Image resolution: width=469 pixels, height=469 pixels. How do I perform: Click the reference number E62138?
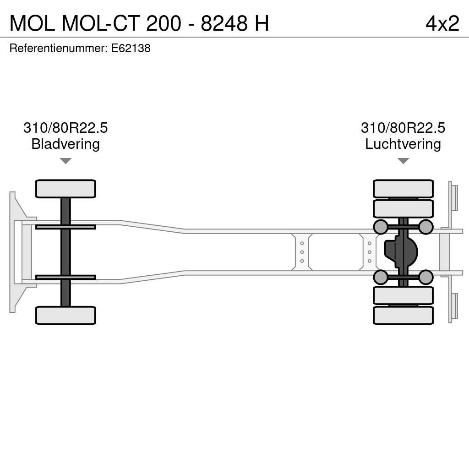click(x=131, y=49)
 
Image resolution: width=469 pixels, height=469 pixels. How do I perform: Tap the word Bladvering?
click(x=65, y=144)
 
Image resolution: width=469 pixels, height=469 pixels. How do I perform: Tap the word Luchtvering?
click(x=403, y=144)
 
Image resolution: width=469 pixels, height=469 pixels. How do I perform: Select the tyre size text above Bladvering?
click(x=65, y=128)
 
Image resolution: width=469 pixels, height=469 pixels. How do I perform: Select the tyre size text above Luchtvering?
click(x=403, y=128)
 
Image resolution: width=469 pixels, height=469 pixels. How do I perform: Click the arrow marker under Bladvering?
click(x=65, y=161)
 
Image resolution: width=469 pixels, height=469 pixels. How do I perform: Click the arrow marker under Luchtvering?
click(x=403, y=161)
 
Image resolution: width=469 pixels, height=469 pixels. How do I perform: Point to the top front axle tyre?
click(x=65, y=189)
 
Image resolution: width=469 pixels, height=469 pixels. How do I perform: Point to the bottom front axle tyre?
click(x=65, y=315)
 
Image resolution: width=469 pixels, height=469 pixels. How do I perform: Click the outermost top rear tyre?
click(x=403, y=189)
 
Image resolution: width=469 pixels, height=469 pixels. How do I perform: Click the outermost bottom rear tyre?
click(x=403, y=315)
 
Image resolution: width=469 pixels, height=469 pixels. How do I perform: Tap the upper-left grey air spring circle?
click(x=381, y=227)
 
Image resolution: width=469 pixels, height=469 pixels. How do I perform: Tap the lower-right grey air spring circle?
click(x=426, y=277)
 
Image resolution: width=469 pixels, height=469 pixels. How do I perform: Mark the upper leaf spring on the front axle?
click(x=65, y=227)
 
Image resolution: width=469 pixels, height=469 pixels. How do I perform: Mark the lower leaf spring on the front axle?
click(x=65, y=277)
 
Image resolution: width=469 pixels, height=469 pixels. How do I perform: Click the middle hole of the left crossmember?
click(x=302, y=252)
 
